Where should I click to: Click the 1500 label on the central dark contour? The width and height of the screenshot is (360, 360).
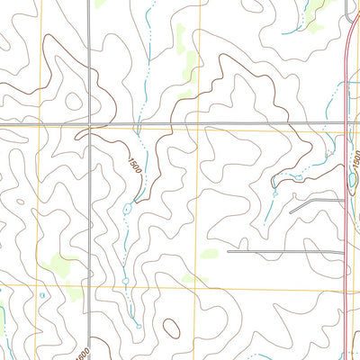pyautogui.click(x=135, y=166)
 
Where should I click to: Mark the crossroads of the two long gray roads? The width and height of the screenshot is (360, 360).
pyautogui.click(x=92, y=123)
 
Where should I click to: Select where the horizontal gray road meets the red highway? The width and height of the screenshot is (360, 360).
pyautogui.click(x=349, y=123)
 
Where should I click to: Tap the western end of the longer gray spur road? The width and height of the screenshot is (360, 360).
pyautogui.click(x=228, y=252)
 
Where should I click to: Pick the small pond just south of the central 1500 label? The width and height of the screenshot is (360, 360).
pyautogui.click(x=128, y=209)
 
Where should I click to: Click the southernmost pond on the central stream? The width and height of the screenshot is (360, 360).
pyautogui.click(x=138, y=324)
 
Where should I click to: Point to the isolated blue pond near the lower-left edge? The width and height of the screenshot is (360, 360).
pyautogui.click(x=42, y=293)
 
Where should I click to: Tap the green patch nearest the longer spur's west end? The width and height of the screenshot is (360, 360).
pyautogui.click(x=210, y=254)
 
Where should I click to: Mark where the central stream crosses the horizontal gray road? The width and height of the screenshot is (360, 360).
pyautogui.click(x=140, y=123)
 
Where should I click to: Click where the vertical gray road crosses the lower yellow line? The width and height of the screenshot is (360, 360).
pyautogui.click(x=92, y=291)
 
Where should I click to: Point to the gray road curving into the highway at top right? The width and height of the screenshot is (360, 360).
pyautogui.click(x=350, y=11)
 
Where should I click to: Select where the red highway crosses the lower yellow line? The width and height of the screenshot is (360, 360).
pyautogui.click(x=347, y=291)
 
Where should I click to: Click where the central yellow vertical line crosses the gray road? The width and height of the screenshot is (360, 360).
pyautogui.click(x=197, y=123)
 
